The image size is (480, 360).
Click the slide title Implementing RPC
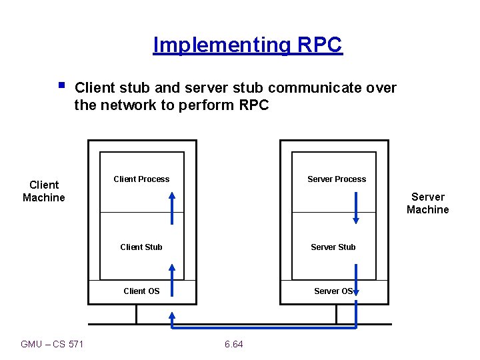[x=247, y=45]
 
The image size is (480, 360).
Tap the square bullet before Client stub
[x=61, y=85]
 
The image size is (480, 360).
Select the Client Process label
[x=141, y=179]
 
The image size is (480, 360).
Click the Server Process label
[x=336, y=179]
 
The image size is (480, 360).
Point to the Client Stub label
[x=141, y=247]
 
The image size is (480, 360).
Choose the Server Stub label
[x=333, y=247]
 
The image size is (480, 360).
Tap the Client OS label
[x=141, y=291]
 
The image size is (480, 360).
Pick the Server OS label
[x=333, y=291]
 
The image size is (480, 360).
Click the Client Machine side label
[x=44, y=191]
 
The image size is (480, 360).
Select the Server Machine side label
[x=428, y=203]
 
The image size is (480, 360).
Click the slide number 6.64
[x=234, y=344]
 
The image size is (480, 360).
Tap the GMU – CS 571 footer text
[x=53, y=344]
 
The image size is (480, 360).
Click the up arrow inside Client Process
[x=172, y=207]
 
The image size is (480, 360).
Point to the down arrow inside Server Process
[x=356, y=207]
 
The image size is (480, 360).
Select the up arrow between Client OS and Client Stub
[x=172, y=280]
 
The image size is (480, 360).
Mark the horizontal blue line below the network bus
[x=264, y=328]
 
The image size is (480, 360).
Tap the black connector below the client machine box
[x=137, y=314]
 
